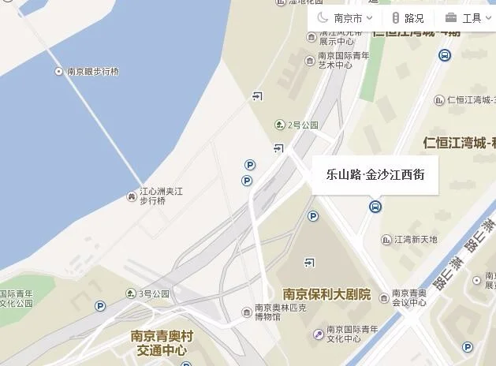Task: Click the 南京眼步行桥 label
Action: point(92,72)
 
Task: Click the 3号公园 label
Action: point(155,293)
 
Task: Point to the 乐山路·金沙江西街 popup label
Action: point(375,174)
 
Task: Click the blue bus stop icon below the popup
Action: point(375,207)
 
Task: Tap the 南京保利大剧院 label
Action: point(326,295)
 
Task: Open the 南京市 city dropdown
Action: point(345,18)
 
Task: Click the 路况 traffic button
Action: point(408,18)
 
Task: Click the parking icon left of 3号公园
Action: point(100,306)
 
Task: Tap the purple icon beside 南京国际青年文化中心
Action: point(319,334)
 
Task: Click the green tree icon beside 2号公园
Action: point(278,125)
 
